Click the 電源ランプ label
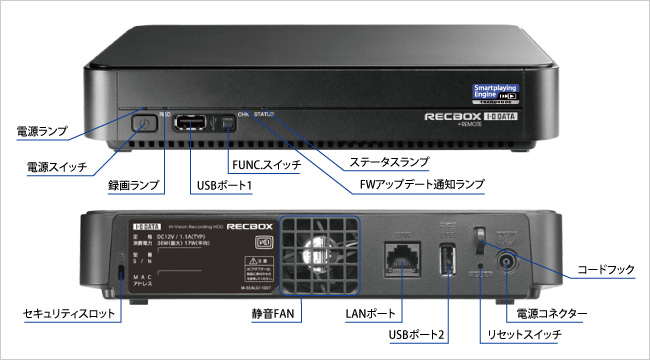[x=41, y=131]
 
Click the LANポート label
[x=371, y=314]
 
